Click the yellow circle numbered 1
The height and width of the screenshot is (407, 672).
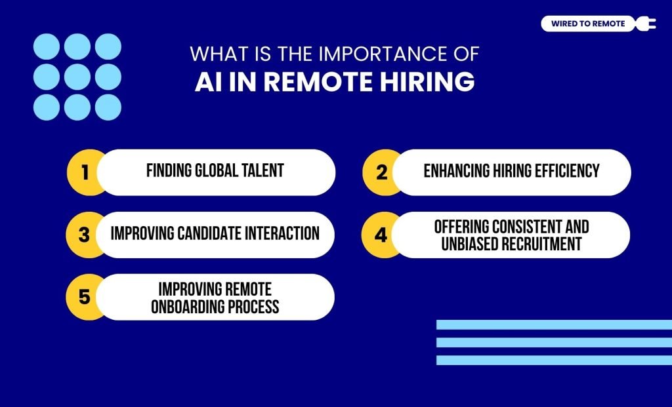(84, 172)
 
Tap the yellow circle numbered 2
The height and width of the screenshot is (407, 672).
(381, 172)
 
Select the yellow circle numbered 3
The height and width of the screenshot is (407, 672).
(84, 235)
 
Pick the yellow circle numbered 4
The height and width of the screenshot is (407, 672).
(381, 235)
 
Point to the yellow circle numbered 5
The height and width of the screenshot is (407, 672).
(84, 297)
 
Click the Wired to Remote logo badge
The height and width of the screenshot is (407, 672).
(588, 24)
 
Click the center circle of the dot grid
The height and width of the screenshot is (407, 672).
(77, 77)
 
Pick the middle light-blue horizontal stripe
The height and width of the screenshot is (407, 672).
(554, 342)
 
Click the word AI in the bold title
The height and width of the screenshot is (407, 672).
(209, 83)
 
